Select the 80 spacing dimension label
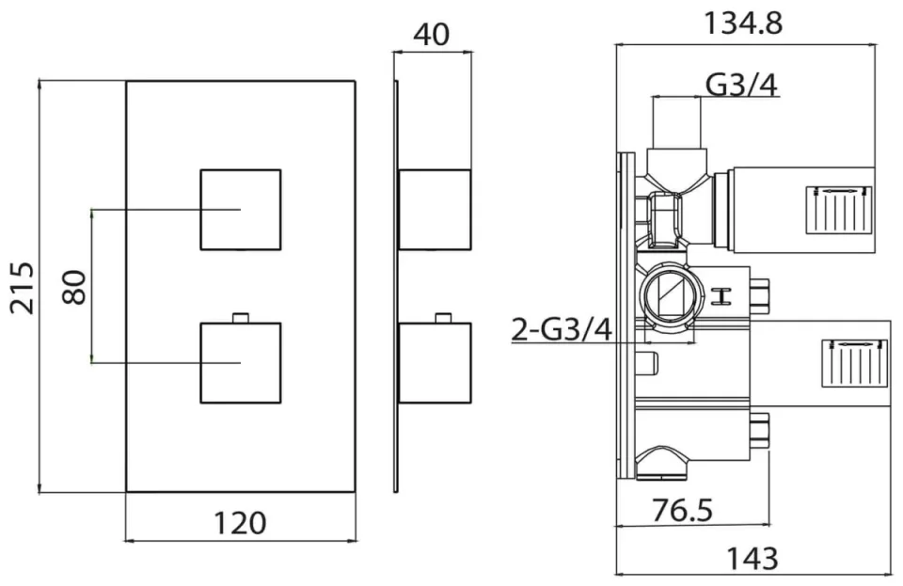point(74,286)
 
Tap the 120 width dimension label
point(239,521)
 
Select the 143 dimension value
point(752,558)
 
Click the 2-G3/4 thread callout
point(562,329)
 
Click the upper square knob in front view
point(240,209)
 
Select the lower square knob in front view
point(240,362)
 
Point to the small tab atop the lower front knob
point(240,316)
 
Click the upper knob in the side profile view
point(434,210)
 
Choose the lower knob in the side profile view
point(434,362)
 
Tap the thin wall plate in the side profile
point(397,286)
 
